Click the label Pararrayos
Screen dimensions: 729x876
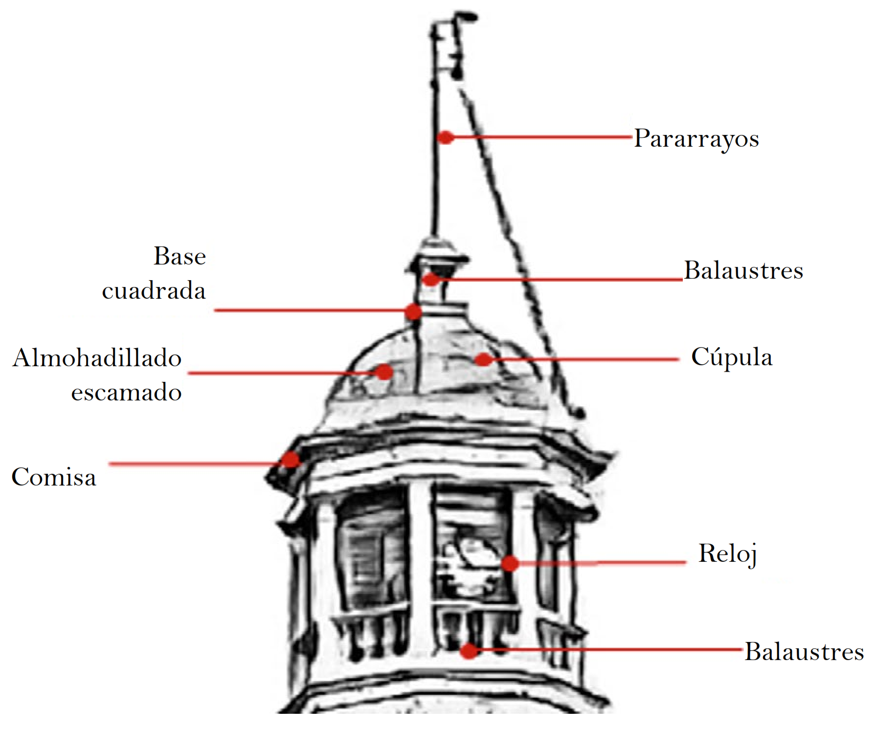(x=696, y=138)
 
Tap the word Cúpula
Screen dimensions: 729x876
(x=732, y=357)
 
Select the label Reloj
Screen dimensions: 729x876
(x=727, y=554)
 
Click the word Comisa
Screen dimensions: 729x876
(x=54, y=477)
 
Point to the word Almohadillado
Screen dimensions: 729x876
(x=97, y=358)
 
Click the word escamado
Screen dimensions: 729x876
(x=126, y=392)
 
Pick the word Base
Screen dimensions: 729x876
(x=180, y=256)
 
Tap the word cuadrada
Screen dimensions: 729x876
(x=154, y=290)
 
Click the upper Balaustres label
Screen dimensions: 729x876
(x=743, y=270)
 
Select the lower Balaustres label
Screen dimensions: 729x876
(x=804, y=652)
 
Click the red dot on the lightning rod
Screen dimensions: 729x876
(x=445, y=137)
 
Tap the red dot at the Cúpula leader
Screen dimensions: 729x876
(x=483, y=360)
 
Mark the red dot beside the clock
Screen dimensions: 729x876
(x=510, y=563)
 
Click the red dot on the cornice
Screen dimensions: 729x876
(x=291, y=460)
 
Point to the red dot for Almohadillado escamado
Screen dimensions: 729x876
(x=384, y=372)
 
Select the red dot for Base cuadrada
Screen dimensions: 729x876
(x=413, y=311)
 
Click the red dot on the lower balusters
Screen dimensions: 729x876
(x=469, y=651)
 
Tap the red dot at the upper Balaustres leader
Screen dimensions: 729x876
(x=430, y=280)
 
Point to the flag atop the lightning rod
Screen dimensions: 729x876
(x=449, y=46)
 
